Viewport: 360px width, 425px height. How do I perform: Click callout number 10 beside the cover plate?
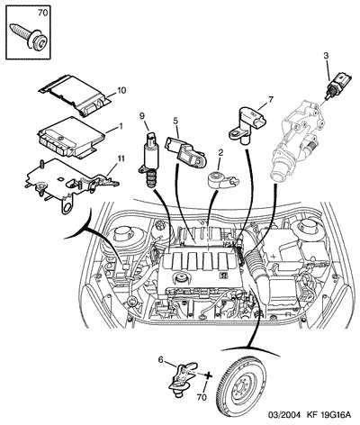pos(121,90)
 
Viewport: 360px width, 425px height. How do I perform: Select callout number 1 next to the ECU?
pos(121,126)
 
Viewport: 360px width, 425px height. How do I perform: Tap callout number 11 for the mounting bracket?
pos(121,158)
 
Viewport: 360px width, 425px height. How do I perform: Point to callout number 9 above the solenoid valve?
pos(142,115)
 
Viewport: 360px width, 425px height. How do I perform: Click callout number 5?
pos(175,121)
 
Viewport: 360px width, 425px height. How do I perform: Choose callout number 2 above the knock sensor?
pos(220,152)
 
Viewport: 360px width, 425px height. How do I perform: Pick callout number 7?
pos(271,99)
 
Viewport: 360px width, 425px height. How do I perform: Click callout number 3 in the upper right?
pos(326,56)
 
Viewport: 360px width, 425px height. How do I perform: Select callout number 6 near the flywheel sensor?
pos(161,359)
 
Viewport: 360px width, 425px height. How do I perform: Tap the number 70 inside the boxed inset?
pos(43,13)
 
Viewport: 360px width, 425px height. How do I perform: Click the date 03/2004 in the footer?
pos(284,415)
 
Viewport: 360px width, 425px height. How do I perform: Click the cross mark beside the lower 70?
pos(208,375)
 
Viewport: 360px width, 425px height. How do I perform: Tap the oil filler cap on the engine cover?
pos(180,277)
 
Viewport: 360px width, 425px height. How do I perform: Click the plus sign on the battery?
pos(274,257)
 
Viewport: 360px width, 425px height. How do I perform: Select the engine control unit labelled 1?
pos(71,137)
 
